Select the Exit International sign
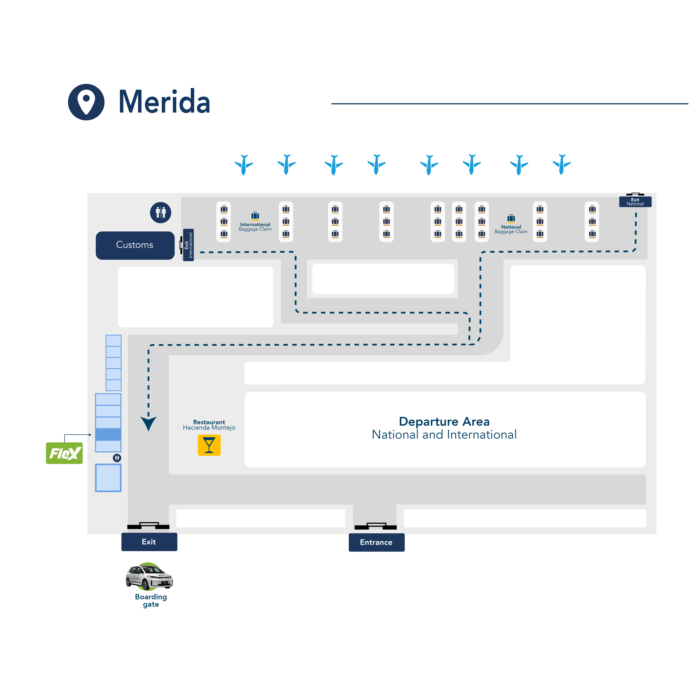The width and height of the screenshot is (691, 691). click(188, 245)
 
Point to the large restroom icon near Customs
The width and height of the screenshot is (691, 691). click(161, 213)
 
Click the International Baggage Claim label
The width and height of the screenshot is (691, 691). click(255, 227)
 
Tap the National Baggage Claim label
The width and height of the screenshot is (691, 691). click(511, 229)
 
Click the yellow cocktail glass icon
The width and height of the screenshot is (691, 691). click(209, 445)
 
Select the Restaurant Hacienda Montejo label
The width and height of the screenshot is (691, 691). click(209, 425)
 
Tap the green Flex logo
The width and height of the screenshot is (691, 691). click(64, 453)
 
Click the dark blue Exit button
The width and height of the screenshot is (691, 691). click(149, 542)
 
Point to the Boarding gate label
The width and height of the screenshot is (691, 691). click(151, 601)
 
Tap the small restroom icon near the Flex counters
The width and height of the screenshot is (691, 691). click(117, 458)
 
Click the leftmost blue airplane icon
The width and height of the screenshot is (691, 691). click(244, 164)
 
